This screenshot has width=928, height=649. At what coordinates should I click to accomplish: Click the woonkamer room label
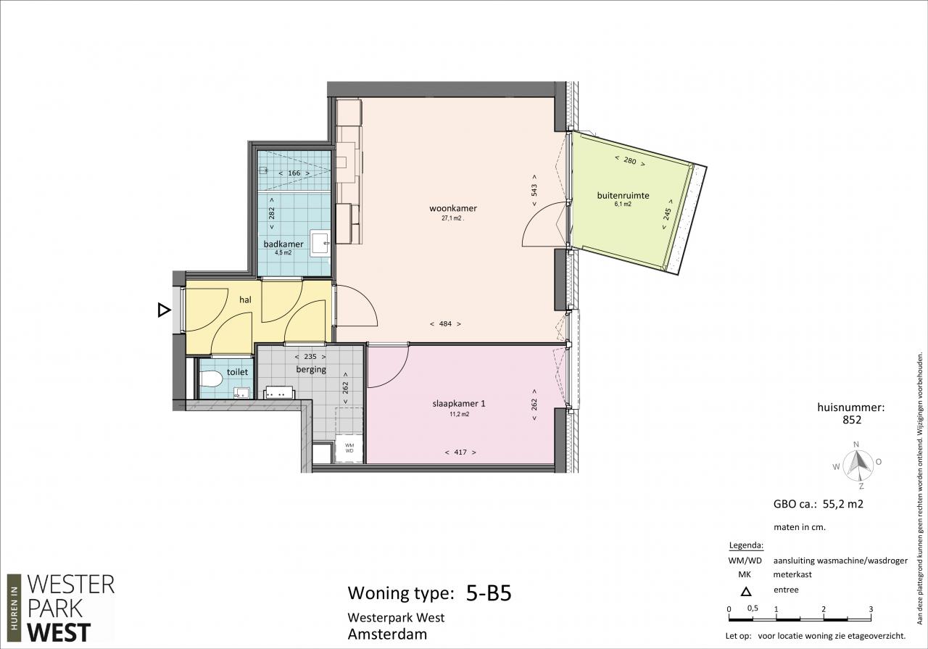(x=453, y=208)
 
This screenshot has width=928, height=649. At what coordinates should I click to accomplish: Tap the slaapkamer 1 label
(x=459, y=403)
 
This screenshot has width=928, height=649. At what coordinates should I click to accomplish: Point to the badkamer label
(x=283, y=244)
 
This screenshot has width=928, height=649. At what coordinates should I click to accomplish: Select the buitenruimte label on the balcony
(x=623, y=195)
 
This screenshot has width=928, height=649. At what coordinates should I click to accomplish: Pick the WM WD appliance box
(x=349, y=448)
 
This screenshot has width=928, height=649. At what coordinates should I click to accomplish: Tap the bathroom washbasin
(x=320, y=242)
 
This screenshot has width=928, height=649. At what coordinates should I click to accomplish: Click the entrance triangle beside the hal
(x=164, y=310)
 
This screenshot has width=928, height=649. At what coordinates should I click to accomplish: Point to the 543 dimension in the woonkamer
(x=534, y=190)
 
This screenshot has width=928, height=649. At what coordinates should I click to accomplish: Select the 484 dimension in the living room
(x=445, y=323)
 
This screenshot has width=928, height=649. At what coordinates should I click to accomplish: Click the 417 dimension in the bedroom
(x=460, y=452)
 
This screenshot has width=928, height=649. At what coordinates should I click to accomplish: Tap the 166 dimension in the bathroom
(x=294, y=173)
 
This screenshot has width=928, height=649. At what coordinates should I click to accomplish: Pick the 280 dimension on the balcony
(x=630, y=161)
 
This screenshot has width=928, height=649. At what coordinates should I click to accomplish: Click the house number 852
(x=852, y=420)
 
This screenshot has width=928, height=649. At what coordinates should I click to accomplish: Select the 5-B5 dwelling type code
(x=489, y=593)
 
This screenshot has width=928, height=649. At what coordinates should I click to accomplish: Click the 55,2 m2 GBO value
(x=842, y=503)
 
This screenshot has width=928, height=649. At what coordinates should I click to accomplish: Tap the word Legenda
(x=746, y=545)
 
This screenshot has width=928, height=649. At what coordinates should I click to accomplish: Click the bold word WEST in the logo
(x=59, y=632)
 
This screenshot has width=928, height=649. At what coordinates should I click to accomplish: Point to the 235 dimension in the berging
(x=310, y=357)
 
